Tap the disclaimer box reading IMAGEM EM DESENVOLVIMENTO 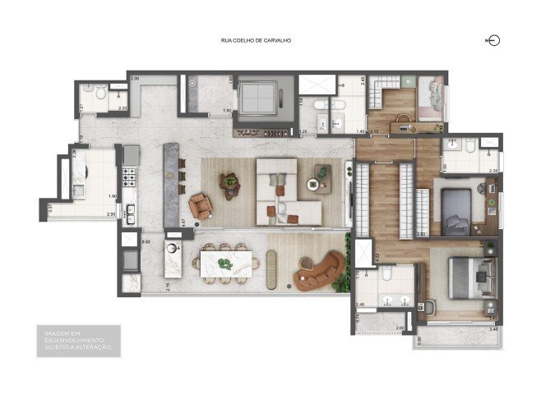point(83,341)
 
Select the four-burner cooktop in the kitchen point(129,174)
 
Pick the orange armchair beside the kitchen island point(199,205)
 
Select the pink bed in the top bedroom point(429,100)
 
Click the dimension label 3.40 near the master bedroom point(493,329)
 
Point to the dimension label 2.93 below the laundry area point(110,214)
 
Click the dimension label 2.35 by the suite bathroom point(493,171)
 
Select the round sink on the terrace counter point(174,248)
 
